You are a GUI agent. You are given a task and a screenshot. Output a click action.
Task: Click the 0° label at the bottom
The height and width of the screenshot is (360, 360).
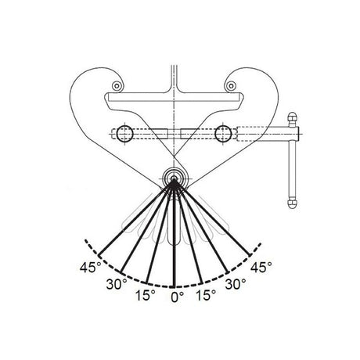point(178,297)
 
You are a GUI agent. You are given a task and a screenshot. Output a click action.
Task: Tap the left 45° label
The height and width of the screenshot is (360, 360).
point(90,267)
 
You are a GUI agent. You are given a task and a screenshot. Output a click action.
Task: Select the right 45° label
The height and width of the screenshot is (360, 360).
point(261,267)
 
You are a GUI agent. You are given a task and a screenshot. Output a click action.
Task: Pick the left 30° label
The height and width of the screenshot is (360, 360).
point(117,284)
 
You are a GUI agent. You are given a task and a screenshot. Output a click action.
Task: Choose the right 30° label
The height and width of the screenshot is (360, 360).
point(236,284)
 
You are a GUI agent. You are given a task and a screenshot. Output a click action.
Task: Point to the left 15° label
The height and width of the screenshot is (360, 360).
point(146,295)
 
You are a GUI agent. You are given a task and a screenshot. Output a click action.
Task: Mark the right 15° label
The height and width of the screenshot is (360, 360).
point(206,295)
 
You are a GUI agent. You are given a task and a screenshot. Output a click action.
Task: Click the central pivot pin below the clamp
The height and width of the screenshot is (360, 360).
point(174,179)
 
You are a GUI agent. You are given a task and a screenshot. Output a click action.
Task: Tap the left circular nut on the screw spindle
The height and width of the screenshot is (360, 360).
point(125,134)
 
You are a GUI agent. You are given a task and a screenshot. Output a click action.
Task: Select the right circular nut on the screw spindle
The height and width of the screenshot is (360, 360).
point(223,134)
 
